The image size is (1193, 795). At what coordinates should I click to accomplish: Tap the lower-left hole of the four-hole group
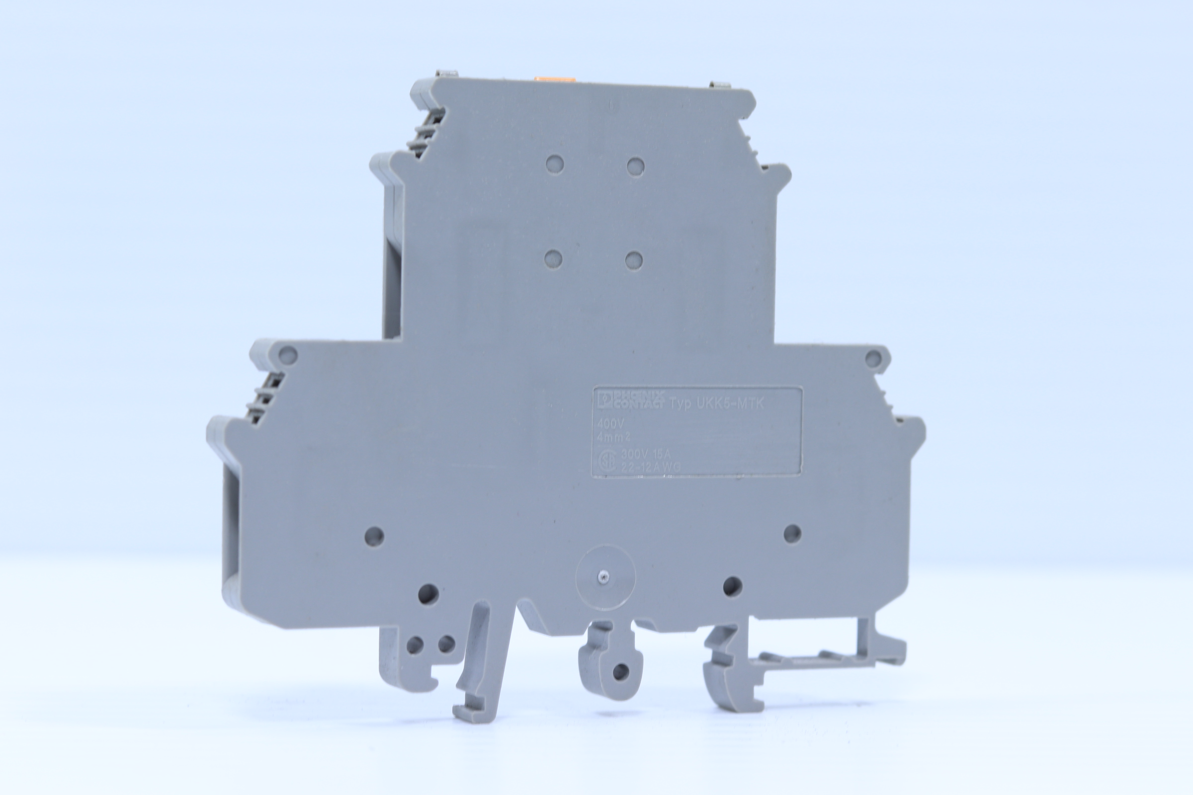click(x=553, y=258)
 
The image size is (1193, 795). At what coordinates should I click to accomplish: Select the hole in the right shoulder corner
click(x=872, y=358)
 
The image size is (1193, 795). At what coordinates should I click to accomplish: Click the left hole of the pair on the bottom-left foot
click(x=415, y=645)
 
